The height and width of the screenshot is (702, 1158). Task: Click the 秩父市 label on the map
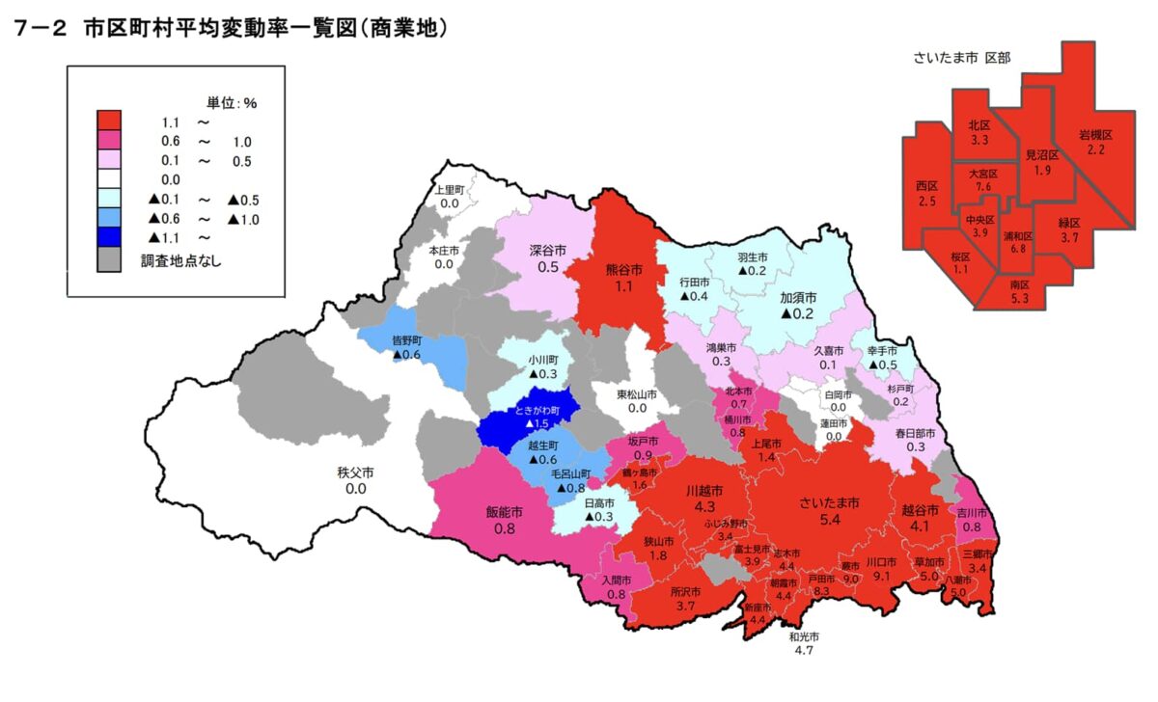tap(356, 472)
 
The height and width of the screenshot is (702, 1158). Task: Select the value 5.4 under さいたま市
tap(829, 520)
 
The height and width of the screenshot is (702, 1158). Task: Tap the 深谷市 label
tap(547, 250)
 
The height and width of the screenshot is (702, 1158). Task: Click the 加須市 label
tap(798, 298)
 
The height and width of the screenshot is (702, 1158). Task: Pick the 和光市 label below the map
tap(803, 637)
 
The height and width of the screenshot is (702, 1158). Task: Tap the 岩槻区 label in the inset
tap(1095, 134)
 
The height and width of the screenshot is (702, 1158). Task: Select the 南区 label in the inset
tap(1019, 285)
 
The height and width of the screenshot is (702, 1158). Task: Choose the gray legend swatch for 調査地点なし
tap(108, 258)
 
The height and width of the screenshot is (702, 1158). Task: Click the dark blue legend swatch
tap(108, 237)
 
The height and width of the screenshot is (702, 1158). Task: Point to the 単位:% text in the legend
tap(232, 101)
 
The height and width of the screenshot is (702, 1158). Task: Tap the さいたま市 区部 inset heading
tap(961, 58)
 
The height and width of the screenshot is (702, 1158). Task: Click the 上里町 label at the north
tap(449, 191)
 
